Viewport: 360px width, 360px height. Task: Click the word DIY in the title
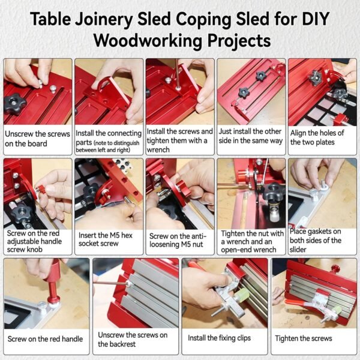coord(316,19)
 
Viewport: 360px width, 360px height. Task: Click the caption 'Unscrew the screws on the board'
coord(37,139)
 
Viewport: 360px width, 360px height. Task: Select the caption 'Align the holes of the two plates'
coord(317,137)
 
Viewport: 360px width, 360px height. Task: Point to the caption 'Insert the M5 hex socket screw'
coord(106,239)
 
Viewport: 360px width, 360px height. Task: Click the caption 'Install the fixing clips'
coord(219,338)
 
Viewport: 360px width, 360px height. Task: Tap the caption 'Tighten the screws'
coord(303,338)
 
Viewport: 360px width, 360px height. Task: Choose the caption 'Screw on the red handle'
coord(45,339)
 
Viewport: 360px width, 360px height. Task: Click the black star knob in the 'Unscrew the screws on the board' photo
coord(15,104)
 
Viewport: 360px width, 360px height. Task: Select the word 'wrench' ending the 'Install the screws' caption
coord(158,149)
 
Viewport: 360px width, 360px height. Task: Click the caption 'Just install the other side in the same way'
coord(250,136)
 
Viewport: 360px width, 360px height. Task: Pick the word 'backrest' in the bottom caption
coord(116,344)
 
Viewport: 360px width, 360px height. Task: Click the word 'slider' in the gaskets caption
coord(298,250)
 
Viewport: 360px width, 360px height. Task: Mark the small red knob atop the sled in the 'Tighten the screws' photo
coord(335,268)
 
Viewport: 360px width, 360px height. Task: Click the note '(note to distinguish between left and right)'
coord(107,146)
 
